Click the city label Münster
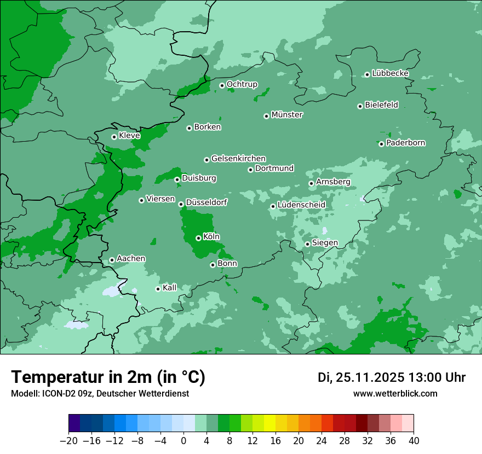coord(287,115)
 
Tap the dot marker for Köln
coord(198,238)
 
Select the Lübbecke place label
coord(390,73)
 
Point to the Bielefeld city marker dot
coord(360,106)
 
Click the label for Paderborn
coord(405,143)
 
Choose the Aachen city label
coord(131,259)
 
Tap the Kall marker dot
coord(158,289)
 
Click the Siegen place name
coord(325,243)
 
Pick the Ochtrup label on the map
coord(242,84)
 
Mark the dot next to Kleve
coord(114,137)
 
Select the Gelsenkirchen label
coord(238,159)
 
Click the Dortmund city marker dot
coord(250,170)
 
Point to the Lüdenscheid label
coord(301,205)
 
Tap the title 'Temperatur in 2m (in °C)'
coord(108,377)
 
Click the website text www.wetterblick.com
coord(395,394)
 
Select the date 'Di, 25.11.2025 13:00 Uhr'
coord(392,377)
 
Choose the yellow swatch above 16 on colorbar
coord(269,423)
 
